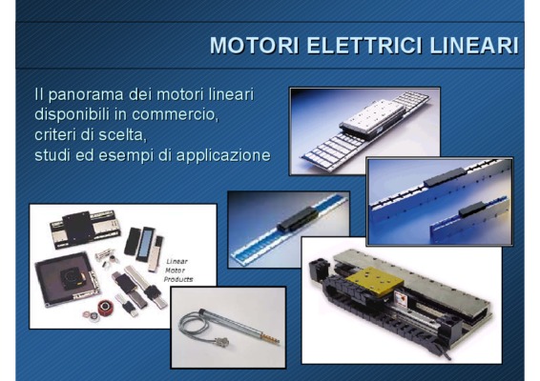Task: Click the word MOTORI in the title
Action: coord(254,45)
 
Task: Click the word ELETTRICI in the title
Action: coord(364,45)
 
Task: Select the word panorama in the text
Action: coord(86,95)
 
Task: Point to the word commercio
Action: coord(175,114)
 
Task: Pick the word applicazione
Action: coord(223,155)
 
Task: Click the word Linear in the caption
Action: coord(177,262)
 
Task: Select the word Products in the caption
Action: coord(178,279)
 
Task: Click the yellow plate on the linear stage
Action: coord(374,282)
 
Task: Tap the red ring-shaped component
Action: coord(106,308)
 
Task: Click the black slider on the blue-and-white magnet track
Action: coord(298,219)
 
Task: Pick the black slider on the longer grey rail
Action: coord(445,177)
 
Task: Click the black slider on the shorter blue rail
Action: coord(471,210)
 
